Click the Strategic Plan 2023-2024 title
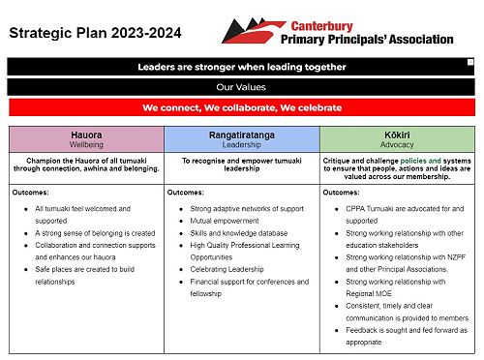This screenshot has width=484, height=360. [x=95, y=33]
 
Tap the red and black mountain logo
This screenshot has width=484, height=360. [x=254, y=31]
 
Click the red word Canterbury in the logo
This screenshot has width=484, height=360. [x=321, y=26]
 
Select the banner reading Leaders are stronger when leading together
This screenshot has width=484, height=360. [x=241, y=67]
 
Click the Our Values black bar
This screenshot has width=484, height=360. [x=241, y=87]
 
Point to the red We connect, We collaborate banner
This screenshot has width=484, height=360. [x=242, y=107]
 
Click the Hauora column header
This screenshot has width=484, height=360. [x=86, y=139]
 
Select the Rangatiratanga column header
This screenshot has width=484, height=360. [x=242, y=139]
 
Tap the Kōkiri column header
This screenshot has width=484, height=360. [x=397, y=139]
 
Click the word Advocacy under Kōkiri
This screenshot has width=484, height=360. [x=397, y=145]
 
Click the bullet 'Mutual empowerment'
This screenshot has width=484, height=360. [x=225, y=221]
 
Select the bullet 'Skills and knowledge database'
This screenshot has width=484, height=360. [x=239, y=233]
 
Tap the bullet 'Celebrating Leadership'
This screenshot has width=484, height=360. [x=227, y=269]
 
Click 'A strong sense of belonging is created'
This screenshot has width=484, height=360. [x=95, y=233]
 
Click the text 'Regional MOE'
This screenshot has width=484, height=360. [x=369, y=293]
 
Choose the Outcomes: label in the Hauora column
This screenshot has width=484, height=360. [x=31, y=193]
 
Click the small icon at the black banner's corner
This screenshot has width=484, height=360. [x=470, y=62]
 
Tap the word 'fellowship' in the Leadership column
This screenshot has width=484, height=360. [x=206, y=293]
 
